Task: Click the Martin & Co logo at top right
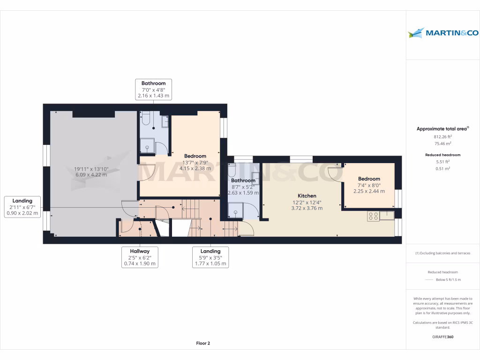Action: point(442,33)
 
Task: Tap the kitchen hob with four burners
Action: point(374,216)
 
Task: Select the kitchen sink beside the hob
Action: point(387,215)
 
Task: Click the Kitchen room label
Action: point(307,196)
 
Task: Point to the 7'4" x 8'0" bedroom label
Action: point(369,179)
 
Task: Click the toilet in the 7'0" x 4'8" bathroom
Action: point(146,120)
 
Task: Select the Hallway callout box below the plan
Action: point(140,257)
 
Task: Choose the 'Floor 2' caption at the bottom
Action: point(203,344)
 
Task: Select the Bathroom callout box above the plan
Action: point(153,90)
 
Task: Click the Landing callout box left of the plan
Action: point(22,207)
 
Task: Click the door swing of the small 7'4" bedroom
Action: point(335,172)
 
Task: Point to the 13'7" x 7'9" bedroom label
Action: point(195,156)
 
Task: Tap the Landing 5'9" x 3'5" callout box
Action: point(210,257)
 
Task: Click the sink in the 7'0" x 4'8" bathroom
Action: point(165,121)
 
